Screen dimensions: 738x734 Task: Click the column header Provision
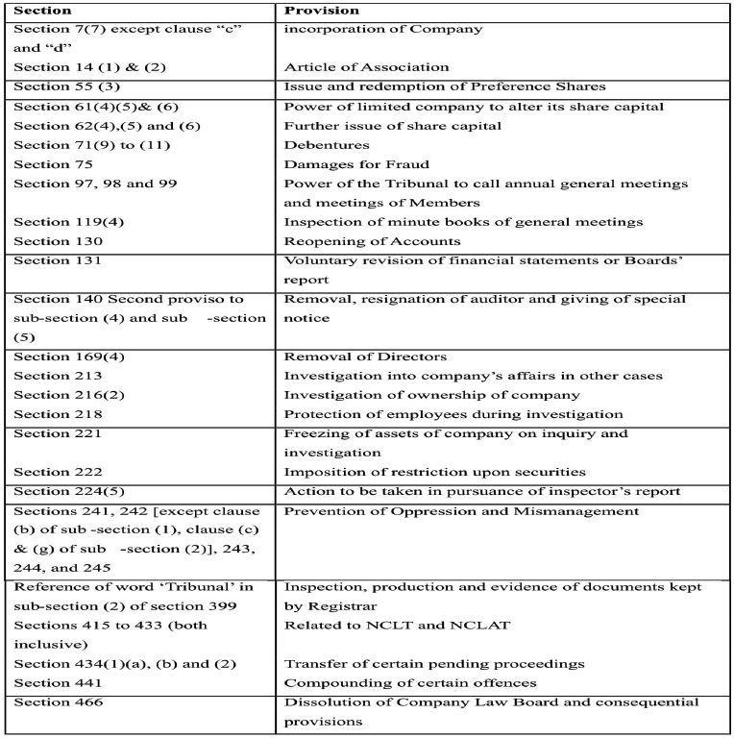tap(318, 11)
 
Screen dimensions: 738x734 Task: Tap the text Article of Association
tap(366, 67)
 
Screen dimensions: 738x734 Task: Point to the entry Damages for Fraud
tap(356, 164)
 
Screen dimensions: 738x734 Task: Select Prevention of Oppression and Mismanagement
tap(461, 511)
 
